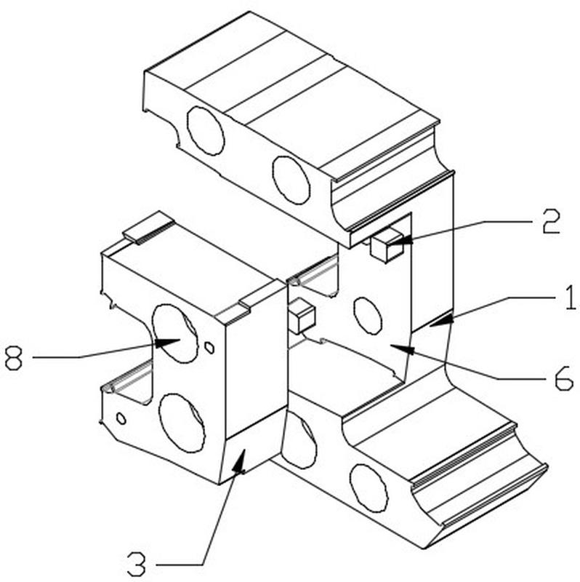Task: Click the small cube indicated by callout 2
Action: [x=387, y=245]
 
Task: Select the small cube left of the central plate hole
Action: [x=301, y=317]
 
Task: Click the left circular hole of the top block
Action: [x=205, y=130]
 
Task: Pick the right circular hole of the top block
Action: [x=291, y=179]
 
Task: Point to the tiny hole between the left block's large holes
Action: [x=209, y=348]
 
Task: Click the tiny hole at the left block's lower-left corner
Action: [x=121, y=418]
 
